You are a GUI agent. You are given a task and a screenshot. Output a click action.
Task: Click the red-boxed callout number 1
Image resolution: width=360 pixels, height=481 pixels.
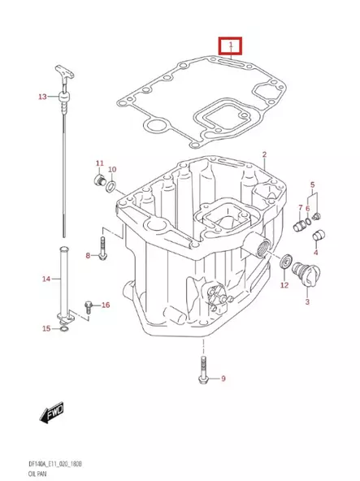point(231,44)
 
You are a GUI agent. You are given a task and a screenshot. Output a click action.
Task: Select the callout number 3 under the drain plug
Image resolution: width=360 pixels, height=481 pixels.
point(306,302)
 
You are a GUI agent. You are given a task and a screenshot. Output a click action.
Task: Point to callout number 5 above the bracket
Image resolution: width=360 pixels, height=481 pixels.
point(312,186)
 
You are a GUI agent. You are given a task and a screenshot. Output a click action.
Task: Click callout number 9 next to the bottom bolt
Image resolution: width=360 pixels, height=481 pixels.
point(223,379)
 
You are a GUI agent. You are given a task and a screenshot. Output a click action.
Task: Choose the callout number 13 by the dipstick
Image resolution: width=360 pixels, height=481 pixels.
point(42,97)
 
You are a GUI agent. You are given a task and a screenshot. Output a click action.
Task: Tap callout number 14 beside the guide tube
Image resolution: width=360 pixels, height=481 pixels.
point(46,279)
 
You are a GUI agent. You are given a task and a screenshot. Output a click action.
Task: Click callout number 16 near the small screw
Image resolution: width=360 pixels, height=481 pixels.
point(105,305)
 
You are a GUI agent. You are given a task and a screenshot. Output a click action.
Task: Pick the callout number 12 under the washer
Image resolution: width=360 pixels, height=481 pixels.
point(284,285)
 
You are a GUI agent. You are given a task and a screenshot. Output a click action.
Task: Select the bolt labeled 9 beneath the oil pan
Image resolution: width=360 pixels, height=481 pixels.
point(202,373)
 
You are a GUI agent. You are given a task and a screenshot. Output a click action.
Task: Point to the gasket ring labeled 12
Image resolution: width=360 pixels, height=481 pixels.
point(284,262)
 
